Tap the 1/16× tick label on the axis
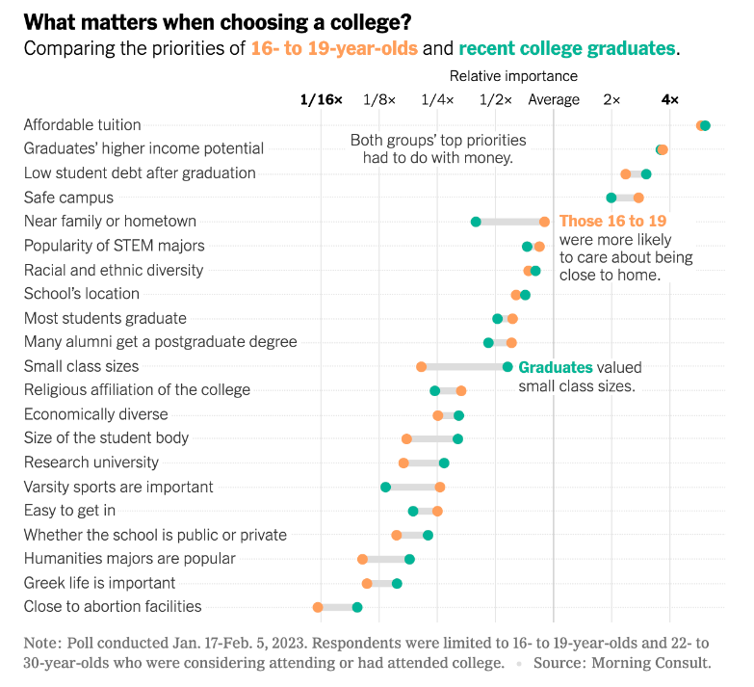click(x=321, y=99)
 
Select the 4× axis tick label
click(x=670, y=99)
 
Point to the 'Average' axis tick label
click(x=554, y=99)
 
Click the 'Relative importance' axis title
click(x=514, y=75)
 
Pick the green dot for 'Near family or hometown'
click(x=476, y=222)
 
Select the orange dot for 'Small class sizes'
click(x=421, y=366)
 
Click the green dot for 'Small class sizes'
click(x=507, y=366)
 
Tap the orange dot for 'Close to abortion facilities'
click(x=318, y=607)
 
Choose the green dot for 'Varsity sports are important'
click(x=385, y=487)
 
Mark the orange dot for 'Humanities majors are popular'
click(x=362, y=559)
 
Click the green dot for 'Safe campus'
click(x=611, y=198)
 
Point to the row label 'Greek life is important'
click(x=99, y=583)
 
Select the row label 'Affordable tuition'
click(x=82, y=124)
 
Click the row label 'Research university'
click(x=91, y=462)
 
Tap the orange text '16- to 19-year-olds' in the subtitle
click(x=334, y=48)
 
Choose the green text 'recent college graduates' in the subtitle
click(x=567, y=48)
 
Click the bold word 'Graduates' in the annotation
click(x=556, y=367)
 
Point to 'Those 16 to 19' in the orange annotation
click(x=609, y=221)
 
